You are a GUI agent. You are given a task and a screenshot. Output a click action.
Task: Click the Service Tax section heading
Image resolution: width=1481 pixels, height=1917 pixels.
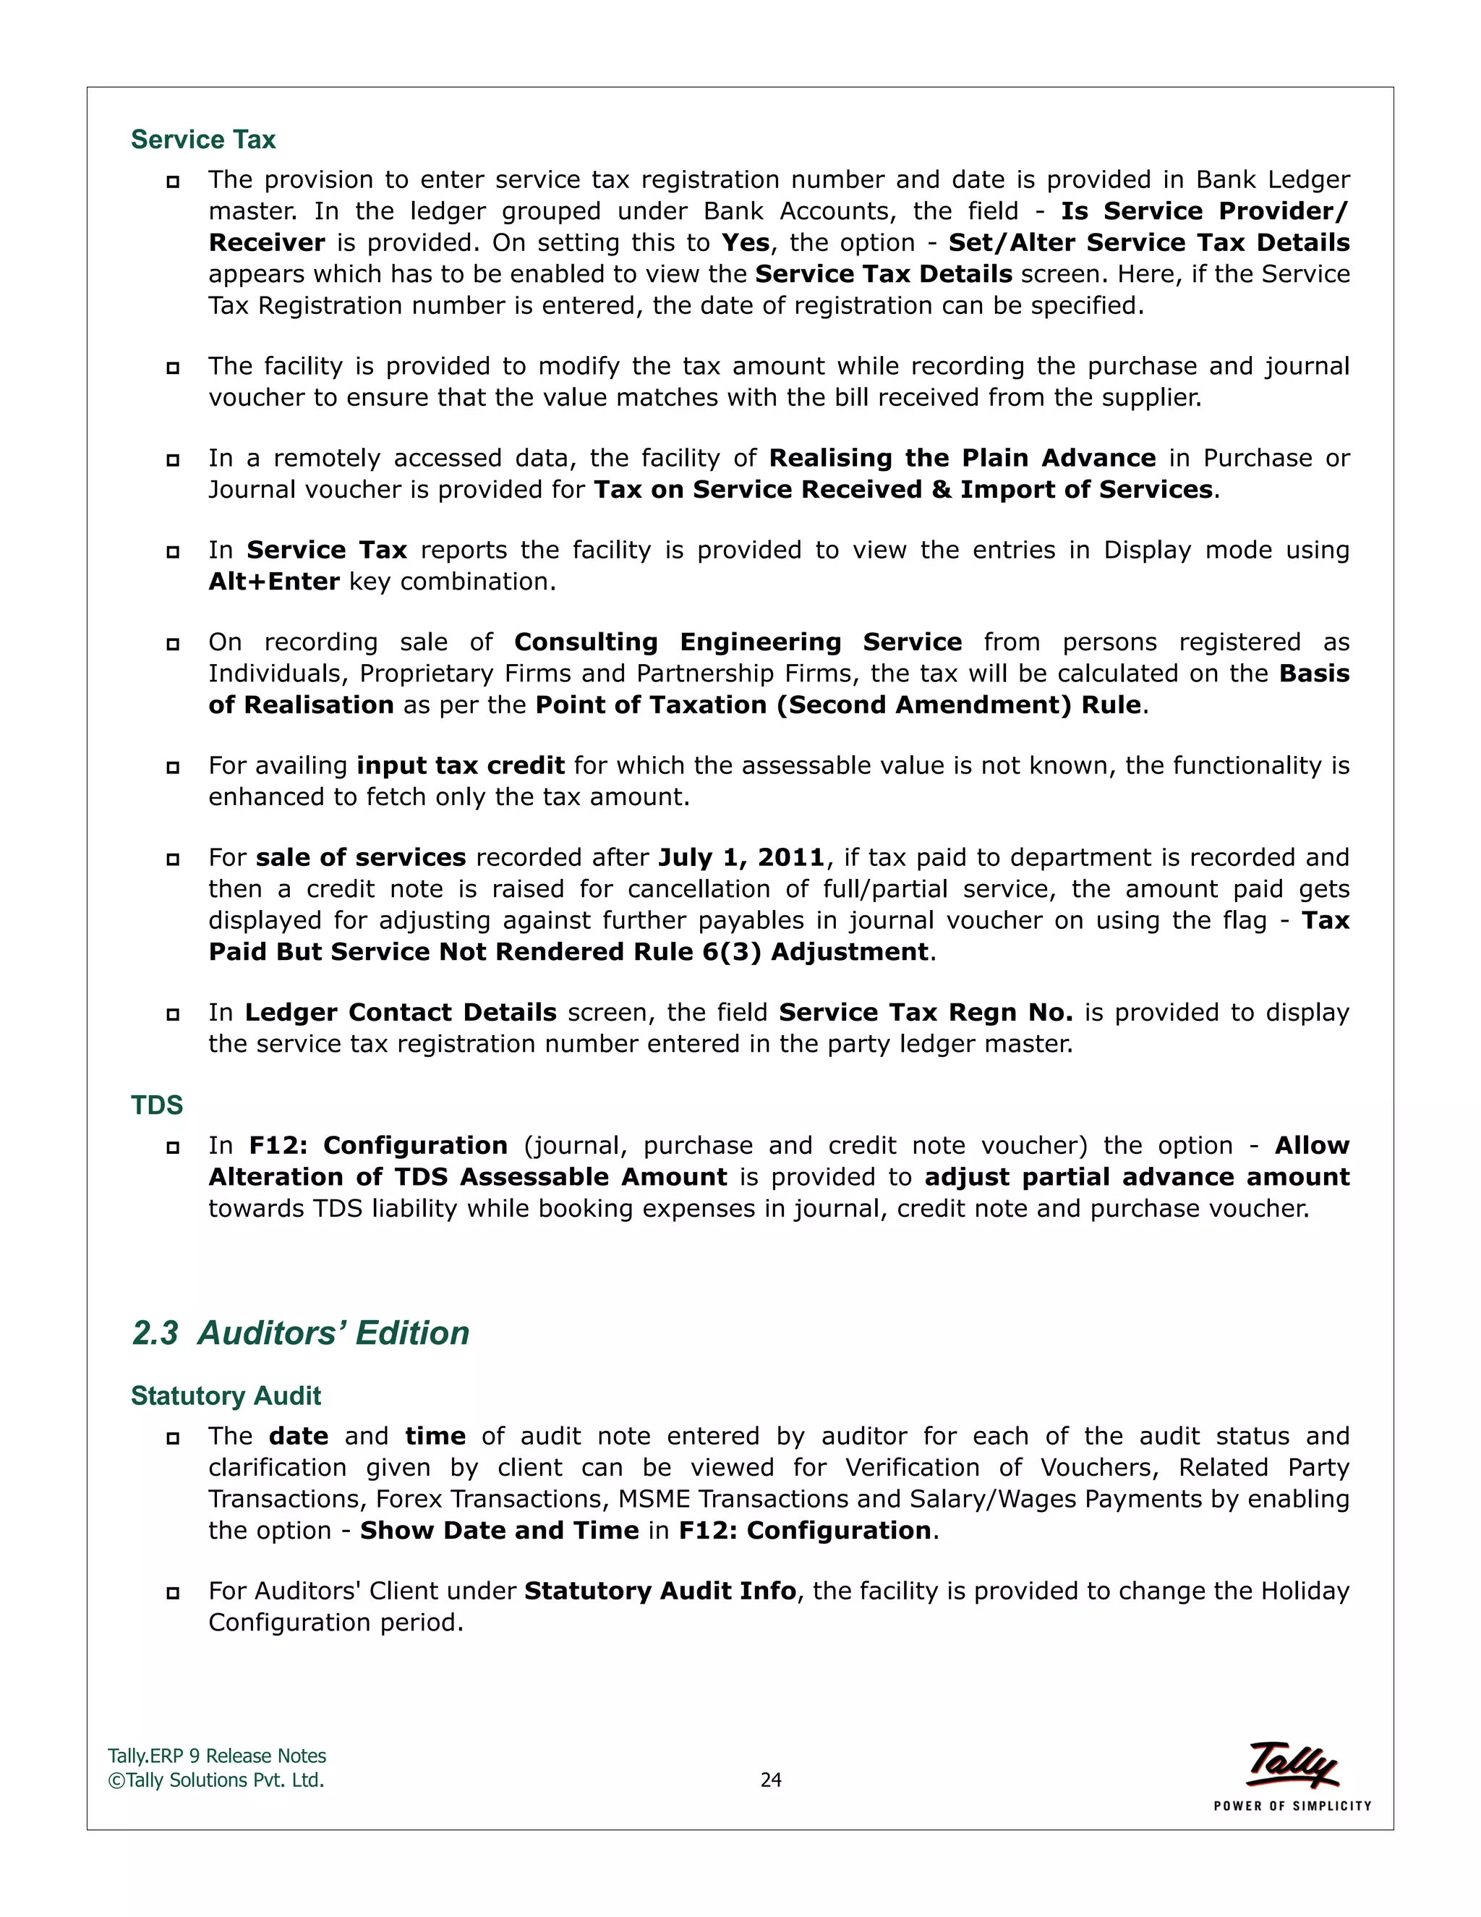(202, 140)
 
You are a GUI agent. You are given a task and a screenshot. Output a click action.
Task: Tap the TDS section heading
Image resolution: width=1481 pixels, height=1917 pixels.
(156, 1105)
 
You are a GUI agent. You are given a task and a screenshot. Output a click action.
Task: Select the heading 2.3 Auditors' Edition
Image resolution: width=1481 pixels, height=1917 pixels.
(300, 1332)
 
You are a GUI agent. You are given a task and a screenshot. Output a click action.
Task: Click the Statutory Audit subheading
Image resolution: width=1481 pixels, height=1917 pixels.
(226, 1395)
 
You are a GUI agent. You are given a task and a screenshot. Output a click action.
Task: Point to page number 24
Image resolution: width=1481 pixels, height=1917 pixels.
(770, 1780)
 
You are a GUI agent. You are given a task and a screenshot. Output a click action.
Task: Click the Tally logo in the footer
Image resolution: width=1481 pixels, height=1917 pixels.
(1292, 1764)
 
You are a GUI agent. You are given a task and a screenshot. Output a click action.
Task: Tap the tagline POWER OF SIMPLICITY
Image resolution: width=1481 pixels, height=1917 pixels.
(1292, 1806)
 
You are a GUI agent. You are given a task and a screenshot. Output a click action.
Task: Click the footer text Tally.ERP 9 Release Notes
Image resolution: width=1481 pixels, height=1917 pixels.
(217, 1756)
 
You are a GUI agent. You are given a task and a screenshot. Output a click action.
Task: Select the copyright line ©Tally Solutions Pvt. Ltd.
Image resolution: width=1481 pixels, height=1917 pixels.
(215, 1780)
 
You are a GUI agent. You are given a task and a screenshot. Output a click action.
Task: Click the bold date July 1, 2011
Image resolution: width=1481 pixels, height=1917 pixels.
(741, 857)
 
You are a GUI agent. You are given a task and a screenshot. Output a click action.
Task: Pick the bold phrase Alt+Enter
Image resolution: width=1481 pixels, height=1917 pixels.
(274, 582)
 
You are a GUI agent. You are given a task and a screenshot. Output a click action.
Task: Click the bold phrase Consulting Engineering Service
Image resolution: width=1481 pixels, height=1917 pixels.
(737, 642)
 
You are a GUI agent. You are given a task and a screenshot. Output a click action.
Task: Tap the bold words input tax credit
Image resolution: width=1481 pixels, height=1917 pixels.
(461, 765)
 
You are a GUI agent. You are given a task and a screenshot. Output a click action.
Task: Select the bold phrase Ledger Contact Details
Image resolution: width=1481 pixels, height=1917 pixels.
(400, 1012)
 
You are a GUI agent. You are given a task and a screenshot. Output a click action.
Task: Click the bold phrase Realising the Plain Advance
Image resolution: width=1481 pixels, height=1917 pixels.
(962, 458)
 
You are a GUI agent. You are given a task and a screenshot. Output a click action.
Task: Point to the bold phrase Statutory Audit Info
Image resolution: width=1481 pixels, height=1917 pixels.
(660, 1591)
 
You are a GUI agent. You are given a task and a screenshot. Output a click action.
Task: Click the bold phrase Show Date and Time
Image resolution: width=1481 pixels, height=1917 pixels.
(499, 1530)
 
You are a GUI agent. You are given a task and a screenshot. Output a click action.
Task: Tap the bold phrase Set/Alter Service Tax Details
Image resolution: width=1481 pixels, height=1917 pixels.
(1148, 242)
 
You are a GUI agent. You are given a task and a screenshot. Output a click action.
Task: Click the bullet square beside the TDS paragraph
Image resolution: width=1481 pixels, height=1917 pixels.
(173, 1147)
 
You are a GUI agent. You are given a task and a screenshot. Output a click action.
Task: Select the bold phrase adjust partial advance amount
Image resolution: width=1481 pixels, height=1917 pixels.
(1136, 1177)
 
